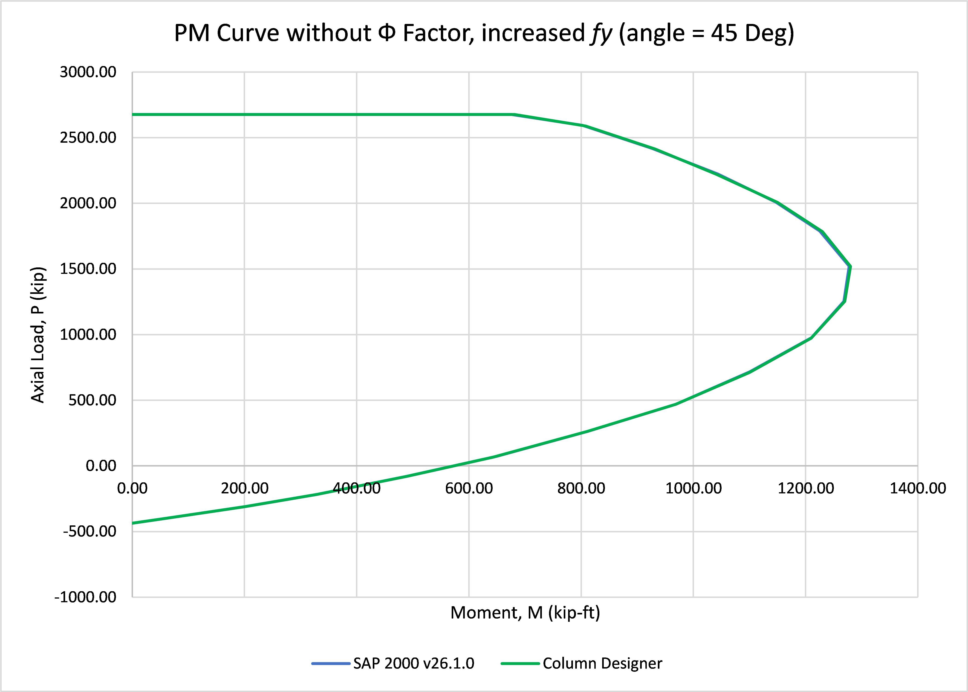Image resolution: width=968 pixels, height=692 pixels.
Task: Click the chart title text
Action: click(484, 33)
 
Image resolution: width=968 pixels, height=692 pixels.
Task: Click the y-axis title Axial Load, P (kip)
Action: click(38, 335)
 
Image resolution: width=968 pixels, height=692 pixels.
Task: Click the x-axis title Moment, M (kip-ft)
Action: click(525, 613)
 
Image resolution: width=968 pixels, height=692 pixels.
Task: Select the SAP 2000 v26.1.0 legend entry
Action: click(393, 663)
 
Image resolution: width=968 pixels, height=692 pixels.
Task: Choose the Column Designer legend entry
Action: click(582, 663)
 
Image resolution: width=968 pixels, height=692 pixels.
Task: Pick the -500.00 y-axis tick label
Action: click(90, 531)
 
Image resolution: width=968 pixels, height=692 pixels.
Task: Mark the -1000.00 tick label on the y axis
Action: click(85, 597)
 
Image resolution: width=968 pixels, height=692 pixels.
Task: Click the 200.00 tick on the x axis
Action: click(245, 488)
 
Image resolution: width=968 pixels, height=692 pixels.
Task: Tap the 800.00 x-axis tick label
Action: click(581, 488)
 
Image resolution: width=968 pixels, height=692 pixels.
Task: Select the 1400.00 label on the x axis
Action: click(918, 488)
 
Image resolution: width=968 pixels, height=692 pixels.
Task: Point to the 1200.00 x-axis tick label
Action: click(806, 488)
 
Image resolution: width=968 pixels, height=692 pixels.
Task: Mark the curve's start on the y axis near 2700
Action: click(133, 115)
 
